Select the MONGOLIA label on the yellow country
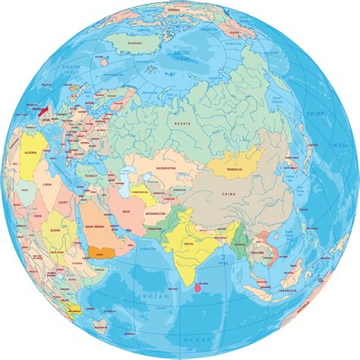click(234, 169)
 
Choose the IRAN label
click(122, 205)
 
